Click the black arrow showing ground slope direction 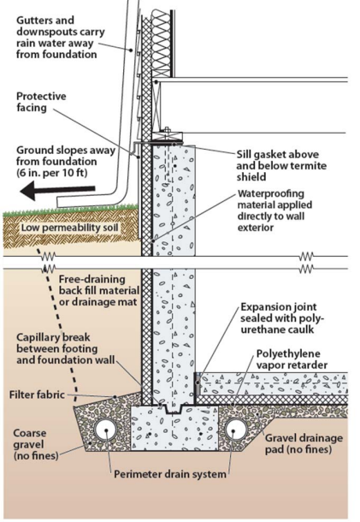tap(57, 192)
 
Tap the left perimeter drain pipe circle tap(106, 430)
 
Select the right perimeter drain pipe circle tap(234, 430)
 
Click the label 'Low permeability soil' tap(70, 228)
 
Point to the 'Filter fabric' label tap(37, 394)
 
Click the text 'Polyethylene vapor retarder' tap(292, 359)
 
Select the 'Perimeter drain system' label tap(170, 474)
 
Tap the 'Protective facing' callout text tap(41, 102)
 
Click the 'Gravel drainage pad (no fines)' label tap(304, 444)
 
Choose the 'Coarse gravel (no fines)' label tap(36, 444)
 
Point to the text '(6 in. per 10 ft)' tap(51, 173)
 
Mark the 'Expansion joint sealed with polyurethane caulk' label tap(282, 318)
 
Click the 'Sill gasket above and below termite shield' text tap(281, 165)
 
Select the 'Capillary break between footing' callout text tap(57, 343)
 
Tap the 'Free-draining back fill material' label tap(99, 285)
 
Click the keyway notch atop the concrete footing tap(173, 409)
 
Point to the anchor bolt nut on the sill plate tap(167, 129)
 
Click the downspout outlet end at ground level tap(60, 202)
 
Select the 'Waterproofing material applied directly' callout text tap(274, 205)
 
